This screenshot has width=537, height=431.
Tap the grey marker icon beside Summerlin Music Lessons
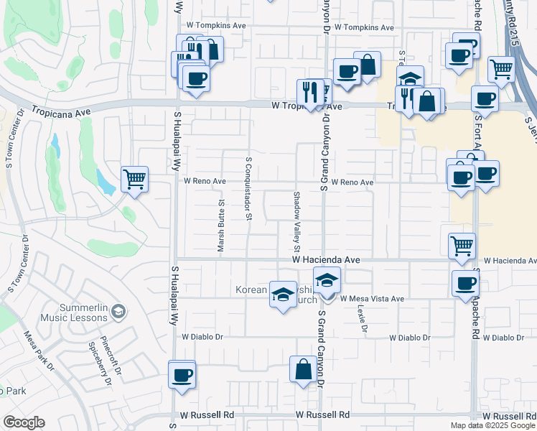click(119, 311)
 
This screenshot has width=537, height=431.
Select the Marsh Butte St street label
click(221, 226)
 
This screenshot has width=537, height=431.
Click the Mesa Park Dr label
click(39, 351)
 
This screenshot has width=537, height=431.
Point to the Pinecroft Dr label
click(103, 349)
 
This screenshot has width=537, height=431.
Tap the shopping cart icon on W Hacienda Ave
click(462, 246)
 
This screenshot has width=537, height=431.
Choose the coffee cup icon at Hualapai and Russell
click(182, 374)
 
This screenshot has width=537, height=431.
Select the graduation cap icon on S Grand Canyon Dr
click(327, 279)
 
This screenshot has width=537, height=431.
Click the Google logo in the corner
click(24, 422)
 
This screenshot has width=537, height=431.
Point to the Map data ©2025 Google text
click(492, 425)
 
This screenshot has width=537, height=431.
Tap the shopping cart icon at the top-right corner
click(502, 69)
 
